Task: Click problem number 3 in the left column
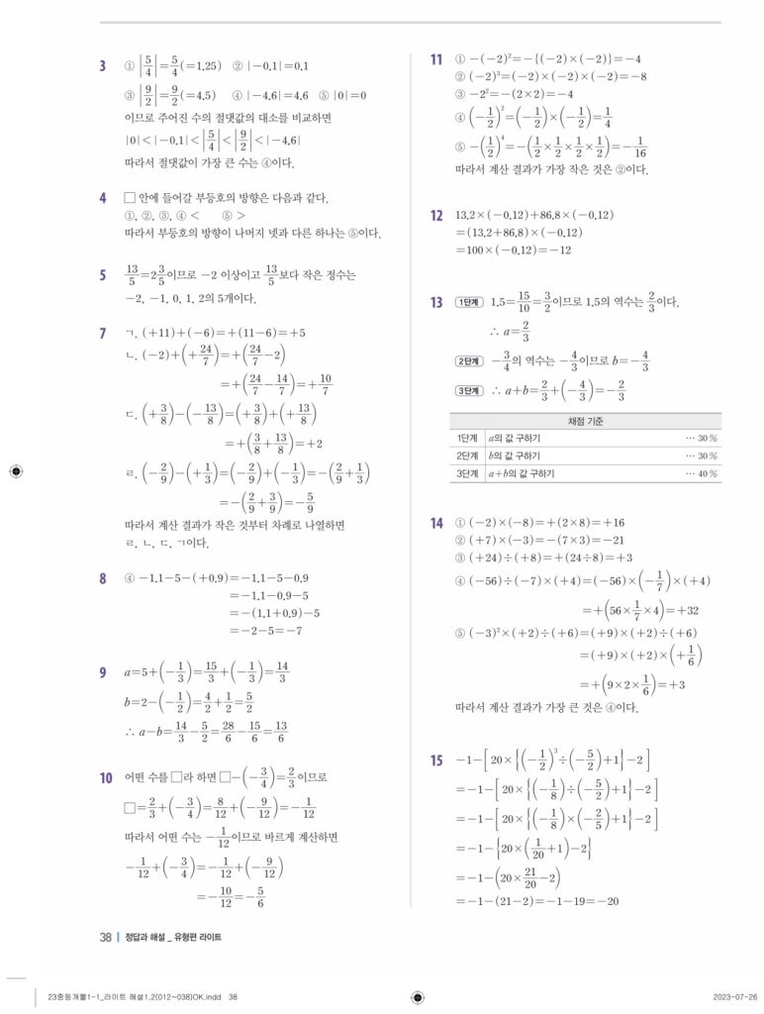103,66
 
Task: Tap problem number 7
103,333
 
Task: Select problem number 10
105,778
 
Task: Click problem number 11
436,60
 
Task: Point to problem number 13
436,302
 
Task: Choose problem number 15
436,760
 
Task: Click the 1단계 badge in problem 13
467,302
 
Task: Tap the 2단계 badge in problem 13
467,360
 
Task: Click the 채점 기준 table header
586,421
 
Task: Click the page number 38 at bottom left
105,937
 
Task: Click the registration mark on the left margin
13,471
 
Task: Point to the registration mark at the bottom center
417,996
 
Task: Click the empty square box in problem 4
130,197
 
